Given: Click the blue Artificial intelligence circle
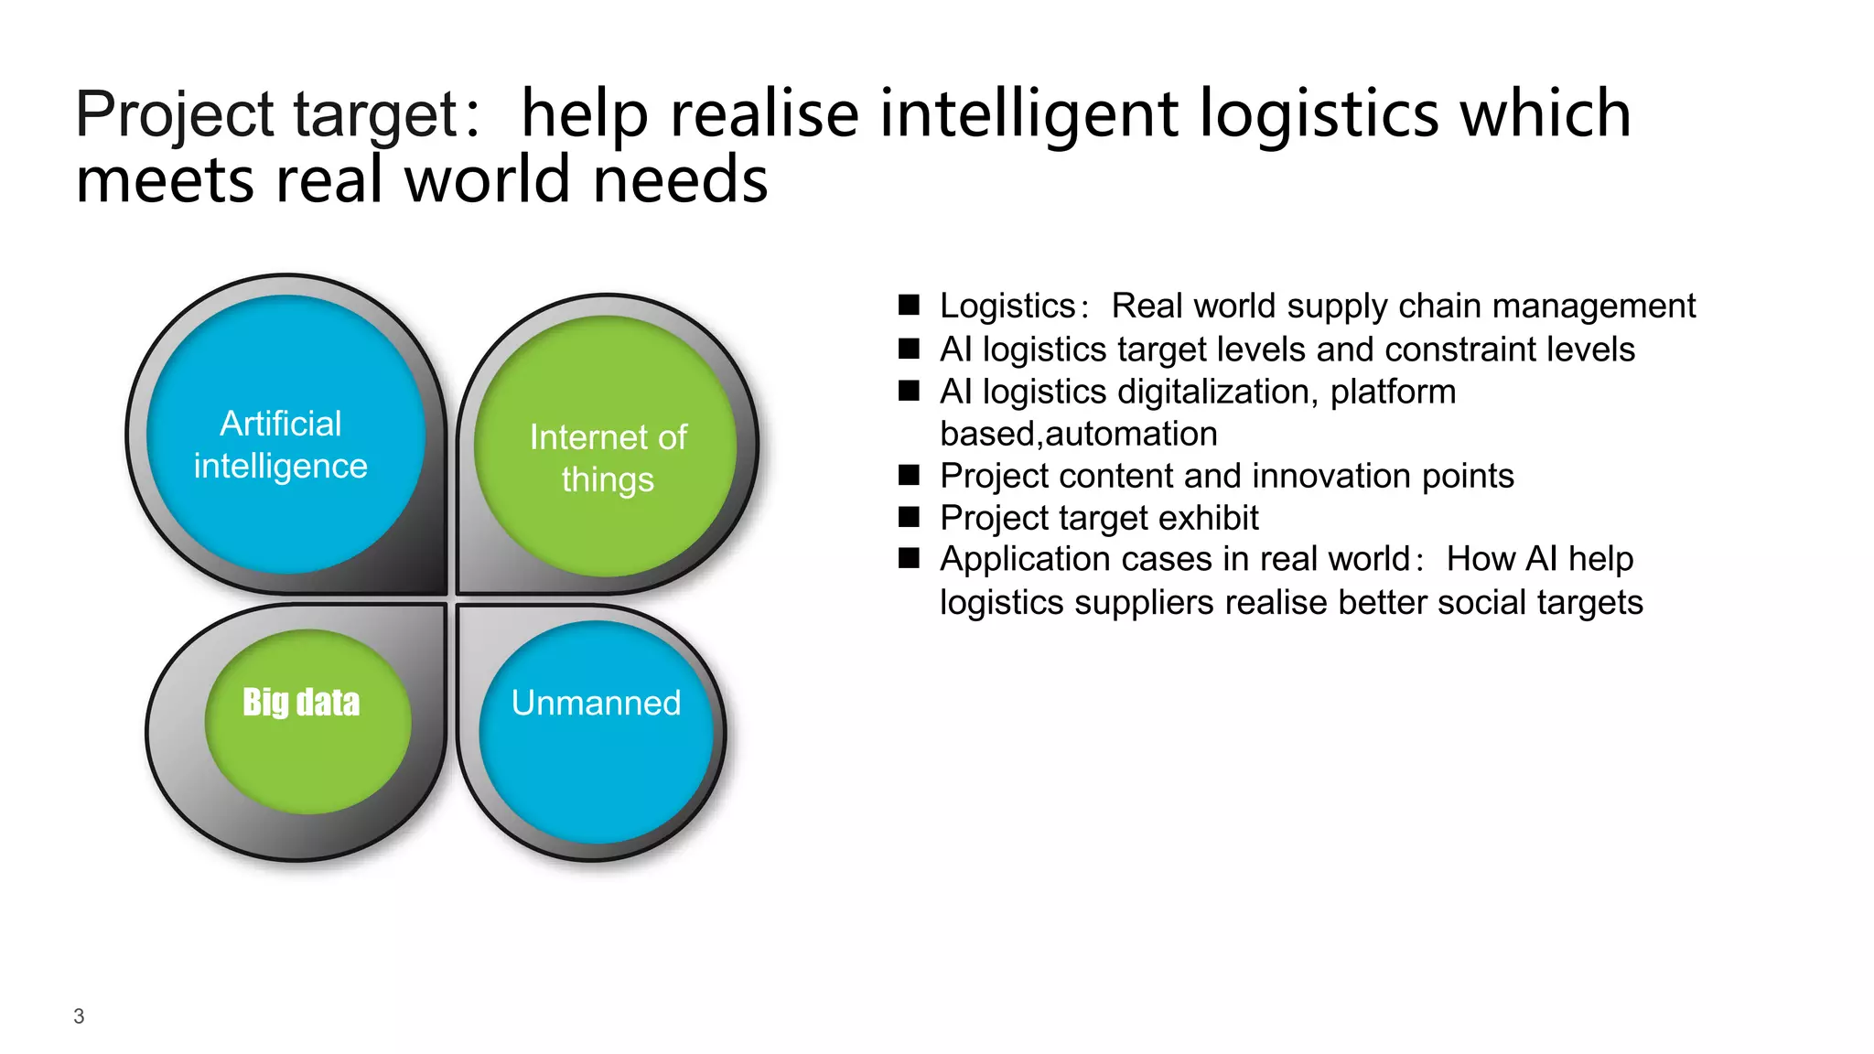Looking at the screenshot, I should (285, 435).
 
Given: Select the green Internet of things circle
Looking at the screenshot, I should (606, 446).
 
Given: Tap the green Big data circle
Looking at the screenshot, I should (307, 723).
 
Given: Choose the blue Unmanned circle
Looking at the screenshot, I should (596, 732).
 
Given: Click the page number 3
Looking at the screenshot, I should (79, 1016).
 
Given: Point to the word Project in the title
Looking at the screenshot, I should (174, 116).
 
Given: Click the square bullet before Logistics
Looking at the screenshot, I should (909, 306).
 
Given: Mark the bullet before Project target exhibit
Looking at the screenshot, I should (909, 518).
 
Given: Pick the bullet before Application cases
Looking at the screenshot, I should (909, 559).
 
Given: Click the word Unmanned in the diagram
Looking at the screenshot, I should (596, 703).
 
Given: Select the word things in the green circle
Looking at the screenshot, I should (608, 480).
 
